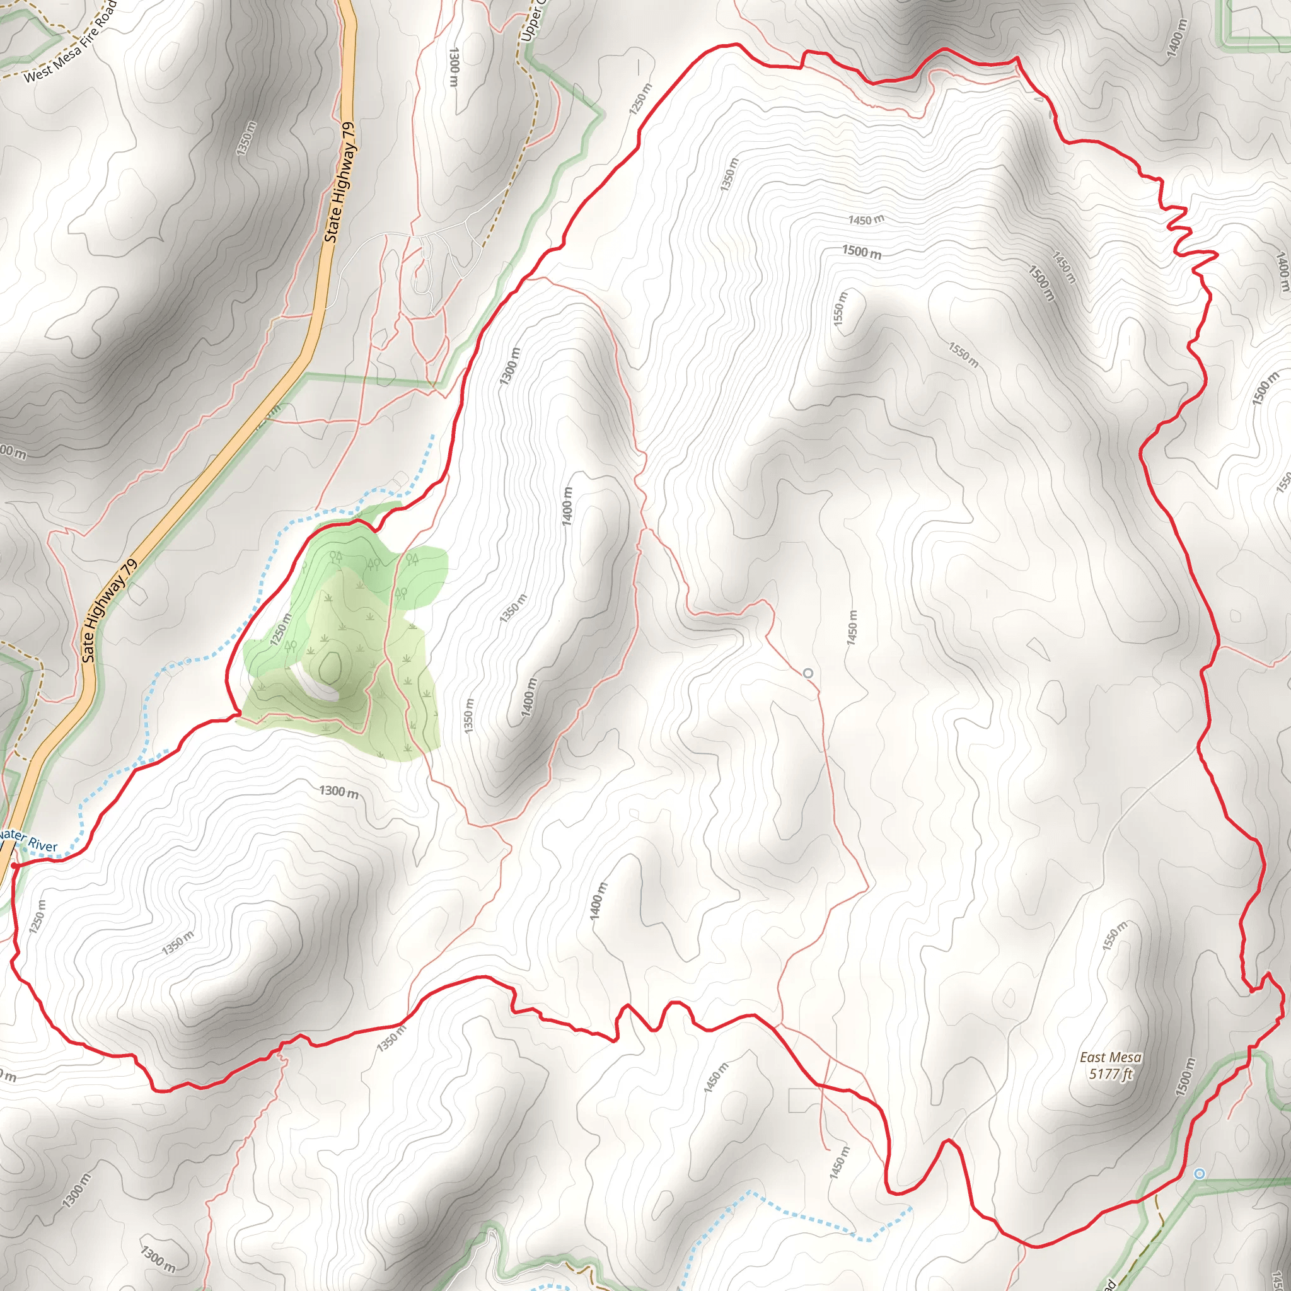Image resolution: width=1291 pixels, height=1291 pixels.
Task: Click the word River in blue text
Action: (43, 845)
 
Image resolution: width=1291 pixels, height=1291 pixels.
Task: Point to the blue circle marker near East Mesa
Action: (1200, 1173)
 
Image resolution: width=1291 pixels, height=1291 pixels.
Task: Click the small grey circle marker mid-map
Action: (808, 673)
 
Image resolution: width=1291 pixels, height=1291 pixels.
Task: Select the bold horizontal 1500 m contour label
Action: (861, 252)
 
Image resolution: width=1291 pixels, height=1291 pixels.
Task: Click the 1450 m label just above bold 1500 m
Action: (866, 219)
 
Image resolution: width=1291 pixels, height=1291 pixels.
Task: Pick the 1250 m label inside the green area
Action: (281, 630)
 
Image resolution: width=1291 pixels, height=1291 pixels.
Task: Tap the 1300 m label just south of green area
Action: (339, 792)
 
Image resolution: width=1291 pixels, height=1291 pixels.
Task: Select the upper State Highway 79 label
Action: (341, 182)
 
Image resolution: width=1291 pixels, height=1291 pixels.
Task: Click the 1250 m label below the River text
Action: (38, 915)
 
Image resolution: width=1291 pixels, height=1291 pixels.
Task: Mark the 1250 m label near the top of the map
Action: (640, 99)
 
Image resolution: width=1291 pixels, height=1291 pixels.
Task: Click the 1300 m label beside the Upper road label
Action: (454, 67)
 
